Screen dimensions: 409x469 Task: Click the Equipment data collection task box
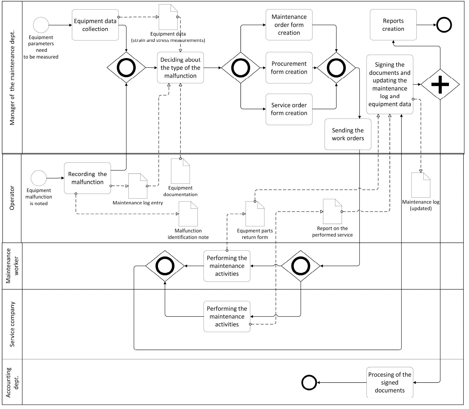coord(95,25)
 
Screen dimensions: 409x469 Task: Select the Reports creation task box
coord(393,25)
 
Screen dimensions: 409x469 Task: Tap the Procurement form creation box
coord(289,68)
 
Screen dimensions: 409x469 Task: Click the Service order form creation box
coord(289,109)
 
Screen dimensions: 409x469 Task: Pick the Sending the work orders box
coord(348,134)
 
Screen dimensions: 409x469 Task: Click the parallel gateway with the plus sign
coord(440,85)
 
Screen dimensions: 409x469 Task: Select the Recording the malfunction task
coord(87,178)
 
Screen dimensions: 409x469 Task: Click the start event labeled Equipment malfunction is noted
coord(39,178)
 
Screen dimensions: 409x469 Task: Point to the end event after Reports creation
coord(444,25)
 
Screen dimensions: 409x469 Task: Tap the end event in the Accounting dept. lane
coord(309,383)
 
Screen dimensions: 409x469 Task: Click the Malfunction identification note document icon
coord(188,214)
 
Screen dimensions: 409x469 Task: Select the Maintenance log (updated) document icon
coord(421,185)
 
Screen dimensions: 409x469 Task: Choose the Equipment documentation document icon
coord(180,171)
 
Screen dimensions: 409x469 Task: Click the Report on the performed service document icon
coord(332,211)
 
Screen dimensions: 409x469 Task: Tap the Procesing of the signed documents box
coord(389,383)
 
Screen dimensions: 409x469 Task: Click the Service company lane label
coord(12,324)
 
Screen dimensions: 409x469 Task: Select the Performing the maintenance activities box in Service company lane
coord(227,316)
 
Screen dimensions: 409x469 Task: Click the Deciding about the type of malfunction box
coord(180,68)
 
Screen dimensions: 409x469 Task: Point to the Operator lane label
coord(12,198)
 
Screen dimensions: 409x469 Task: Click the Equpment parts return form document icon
coord(255,214)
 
